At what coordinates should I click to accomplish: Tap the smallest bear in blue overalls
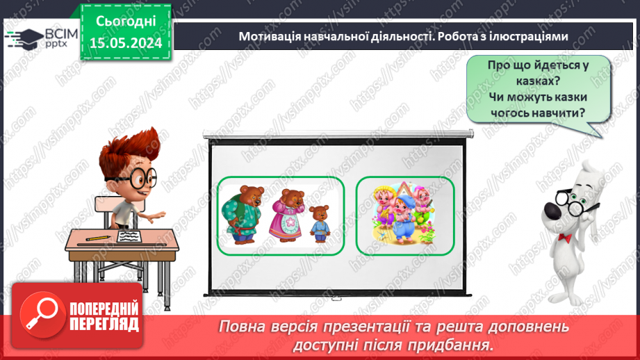click(x=320, y=223)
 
